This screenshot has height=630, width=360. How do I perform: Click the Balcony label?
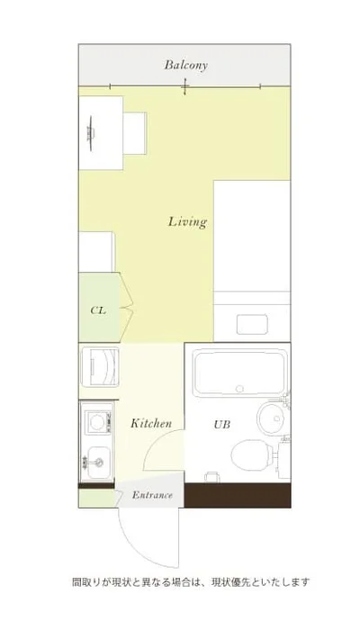coord(185,65)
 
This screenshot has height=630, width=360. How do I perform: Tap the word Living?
coord(187,221)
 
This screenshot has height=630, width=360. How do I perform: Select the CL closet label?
coord(98,310)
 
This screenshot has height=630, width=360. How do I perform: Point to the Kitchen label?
coord(151,423)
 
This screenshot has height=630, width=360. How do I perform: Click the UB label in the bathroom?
coord(221,424)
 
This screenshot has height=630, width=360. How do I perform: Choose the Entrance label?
coord(152,495)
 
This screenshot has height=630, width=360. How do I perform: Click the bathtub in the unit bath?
coord(239,373)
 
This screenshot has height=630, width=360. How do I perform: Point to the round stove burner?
coord(96,422)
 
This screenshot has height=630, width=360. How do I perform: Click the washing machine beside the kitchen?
coord(100,367)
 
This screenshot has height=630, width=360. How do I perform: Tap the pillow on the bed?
coord(252,325)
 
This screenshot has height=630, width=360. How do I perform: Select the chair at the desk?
coord(135,133)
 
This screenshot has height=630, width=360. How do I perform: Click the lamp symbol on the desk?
coord(91,133)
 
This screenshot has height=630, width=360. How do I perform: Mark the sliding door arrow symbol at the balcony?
coord(184,86)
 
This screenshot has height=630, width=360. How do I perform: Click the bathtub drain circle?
coord(240,389)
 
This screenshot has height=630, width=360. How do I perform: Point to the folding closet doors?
coord(126,308)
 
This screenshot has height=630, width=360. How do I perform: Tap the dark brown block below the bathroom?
coord(238,495)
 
